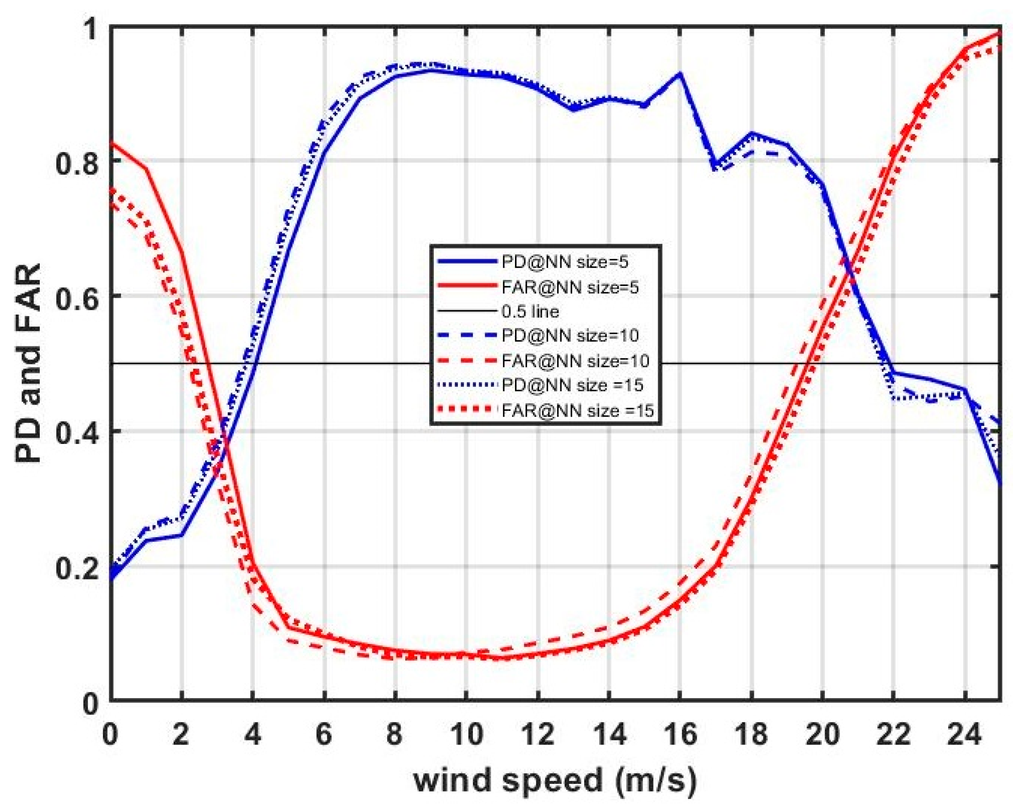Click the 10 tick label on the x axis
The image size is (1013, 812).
(465, 733)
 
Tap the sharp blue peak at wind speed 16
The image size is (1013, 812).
(679, 74)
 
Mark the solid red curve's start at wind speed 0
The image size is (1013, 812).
(111, 143)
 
